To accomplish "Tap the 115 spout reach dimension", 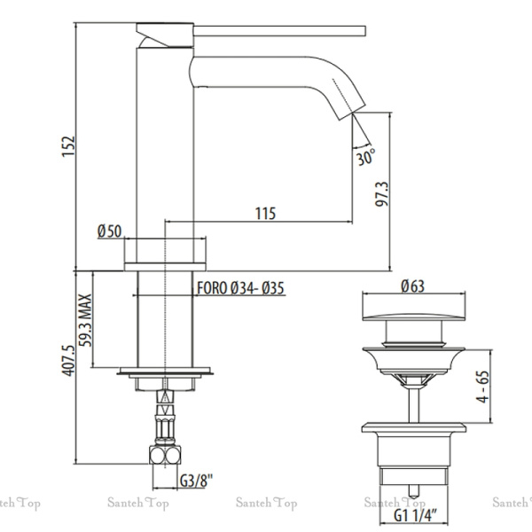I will (x=264, y=214).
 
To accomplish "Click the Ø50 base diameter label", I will (x=109, y=232).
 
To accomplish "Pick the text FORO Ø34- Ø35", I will (x=240, y=287).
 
